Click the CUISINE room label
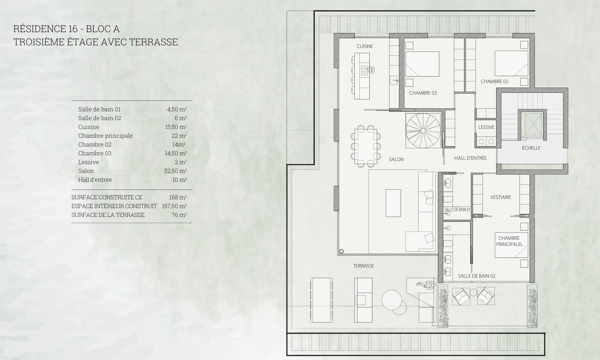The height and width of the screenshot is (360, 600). pos(364,46)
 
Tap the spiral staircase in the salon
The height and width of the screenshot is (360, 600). pos(423,131)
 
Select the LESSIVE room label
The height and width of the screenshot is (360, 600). pos(486,128)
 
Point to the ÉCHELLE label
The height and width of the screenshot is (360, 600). pos(531,148)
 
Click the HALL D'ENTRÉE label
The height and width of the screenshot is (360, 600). pos(470,158)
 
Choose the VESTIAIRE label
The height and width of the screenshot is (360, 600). pos(501,197)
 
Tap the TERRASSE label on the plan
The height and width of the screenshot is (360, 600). pos(364,266)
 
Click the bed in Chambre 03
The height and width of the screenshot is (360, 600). pos(422,64)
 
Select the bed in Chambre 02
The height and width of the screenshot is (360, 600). pos(512,63)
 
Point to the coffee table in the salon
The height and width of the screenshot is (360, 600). pos(393,203)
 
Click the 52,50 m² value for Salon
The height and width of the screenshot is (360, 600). pos(176,171)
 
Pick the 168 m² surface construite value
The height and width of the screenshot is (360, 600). pos(178,198)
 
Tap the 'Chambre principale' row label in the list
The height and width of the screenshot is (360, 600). pos(106,136)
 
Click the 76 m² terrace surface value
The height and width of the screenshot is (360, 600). pos(179,215)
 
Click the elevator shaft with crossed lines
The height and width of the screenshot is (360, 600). pos(533,124)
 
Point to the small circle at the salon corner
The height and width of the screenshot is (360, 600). pos(341,251)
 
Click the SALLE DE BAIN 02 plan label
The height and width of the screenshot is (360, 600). pos(476,276)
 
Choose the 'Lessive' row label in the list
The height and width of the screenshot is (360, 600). pos(88,162)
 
